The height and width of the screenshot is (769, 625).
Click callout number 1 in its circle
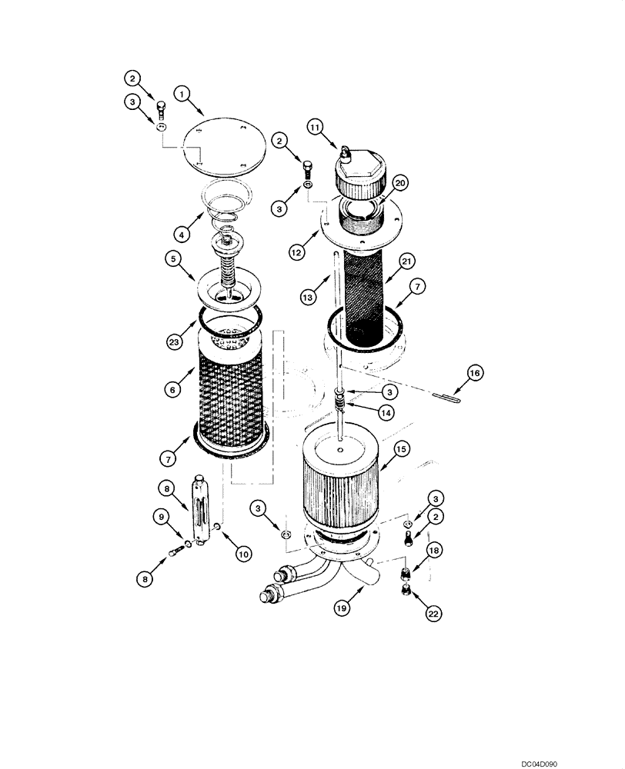pos(182,94)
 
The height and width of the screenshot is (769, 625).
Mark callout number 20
pos(399,182)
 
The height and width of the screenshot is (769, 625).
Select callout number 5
pos(173,259)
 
